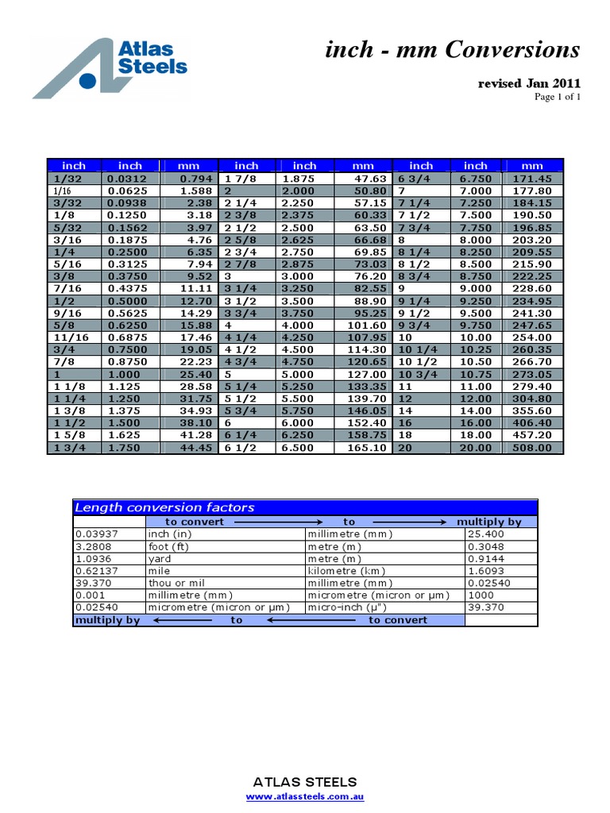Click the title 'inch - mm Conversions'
(x=453, y=50)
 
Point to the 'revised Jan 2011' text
(x=528, y=83)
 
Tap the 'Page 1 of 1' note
(x=557, y=97)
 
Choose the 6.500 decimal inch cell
(x=304, y=448)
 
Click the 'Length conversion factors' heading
(x=164, y=507)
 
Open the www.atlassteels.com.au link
(x=305, y=797)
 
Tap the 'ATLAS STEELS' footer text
(x=305, y=782)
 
